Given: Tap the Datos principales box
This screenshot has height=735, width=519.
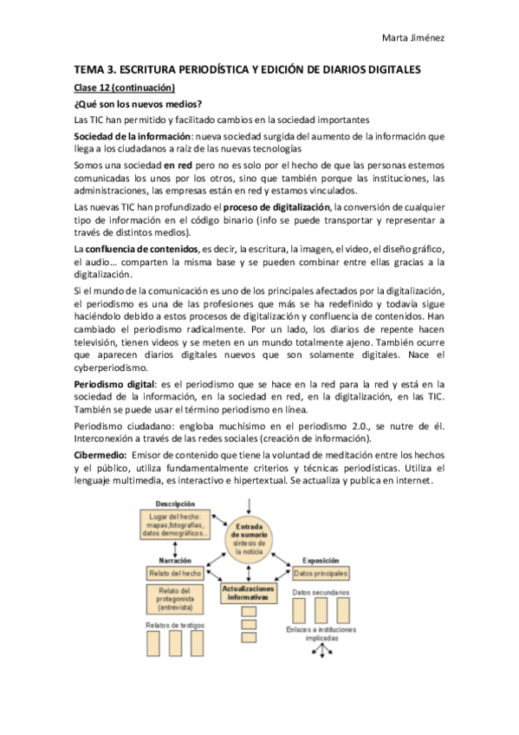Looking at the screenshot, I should [x=320, y=574].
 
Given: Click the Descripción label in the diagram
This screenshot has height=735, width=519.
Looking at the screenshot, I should [x=175, y=504].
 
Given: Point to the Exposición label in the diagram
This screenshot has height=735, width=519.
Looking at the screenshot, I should [x=320, y=560].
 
